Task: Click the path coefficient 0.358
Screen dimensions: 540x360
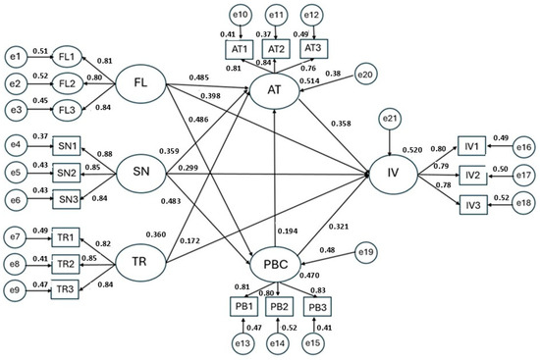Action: click(341, 124)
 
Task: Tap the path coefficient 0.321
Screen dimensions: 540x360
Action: click(339, 227)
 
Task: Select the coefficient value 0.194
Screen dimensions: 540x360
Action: click(288, 231)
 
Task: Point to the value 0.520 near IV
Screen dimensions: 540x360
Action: click(412, 150)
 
